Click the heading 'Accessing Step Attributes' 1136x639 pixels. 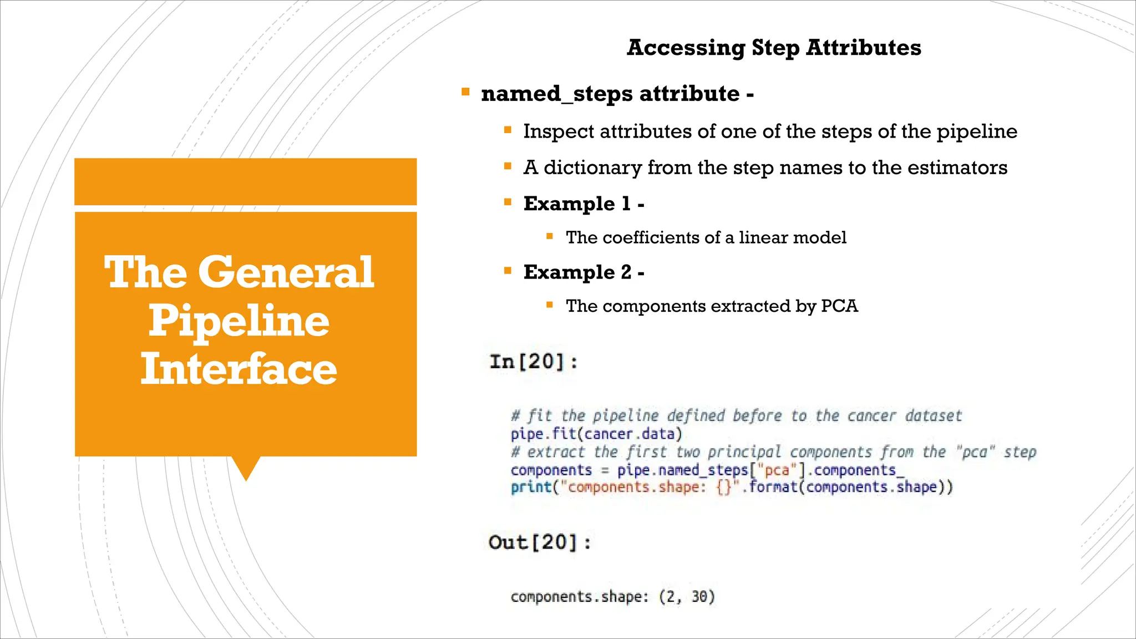tap(774, 48)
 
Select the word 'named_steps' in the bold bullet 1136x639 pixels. tap(555, 94)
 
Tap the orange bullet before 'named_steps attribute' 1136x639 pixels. tap(465, 92)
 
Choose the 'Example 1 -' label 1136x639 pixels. tap(584, 204)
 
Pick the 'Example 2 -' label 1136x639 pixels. tap(584, 272)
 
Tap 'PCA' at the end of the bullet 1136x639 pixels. tap(839, 306)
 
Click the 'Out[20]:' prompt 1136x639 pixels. tap(540, 542)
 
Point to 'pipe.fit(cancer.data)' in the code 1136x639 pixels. tap(596, 434)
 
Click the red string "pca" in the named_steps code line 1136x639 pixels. tap(777, 470)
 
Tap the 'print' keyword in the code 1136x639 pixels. tap(531, 487)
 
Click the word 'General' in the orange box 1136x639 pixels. tap(286, 272)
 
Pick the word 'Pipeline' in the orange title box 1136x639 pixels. tap(239, 321)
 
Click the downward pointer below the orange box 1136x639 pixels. tap(246, 468)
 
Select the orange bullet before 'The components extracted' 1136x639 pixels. tap(550, 305)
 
